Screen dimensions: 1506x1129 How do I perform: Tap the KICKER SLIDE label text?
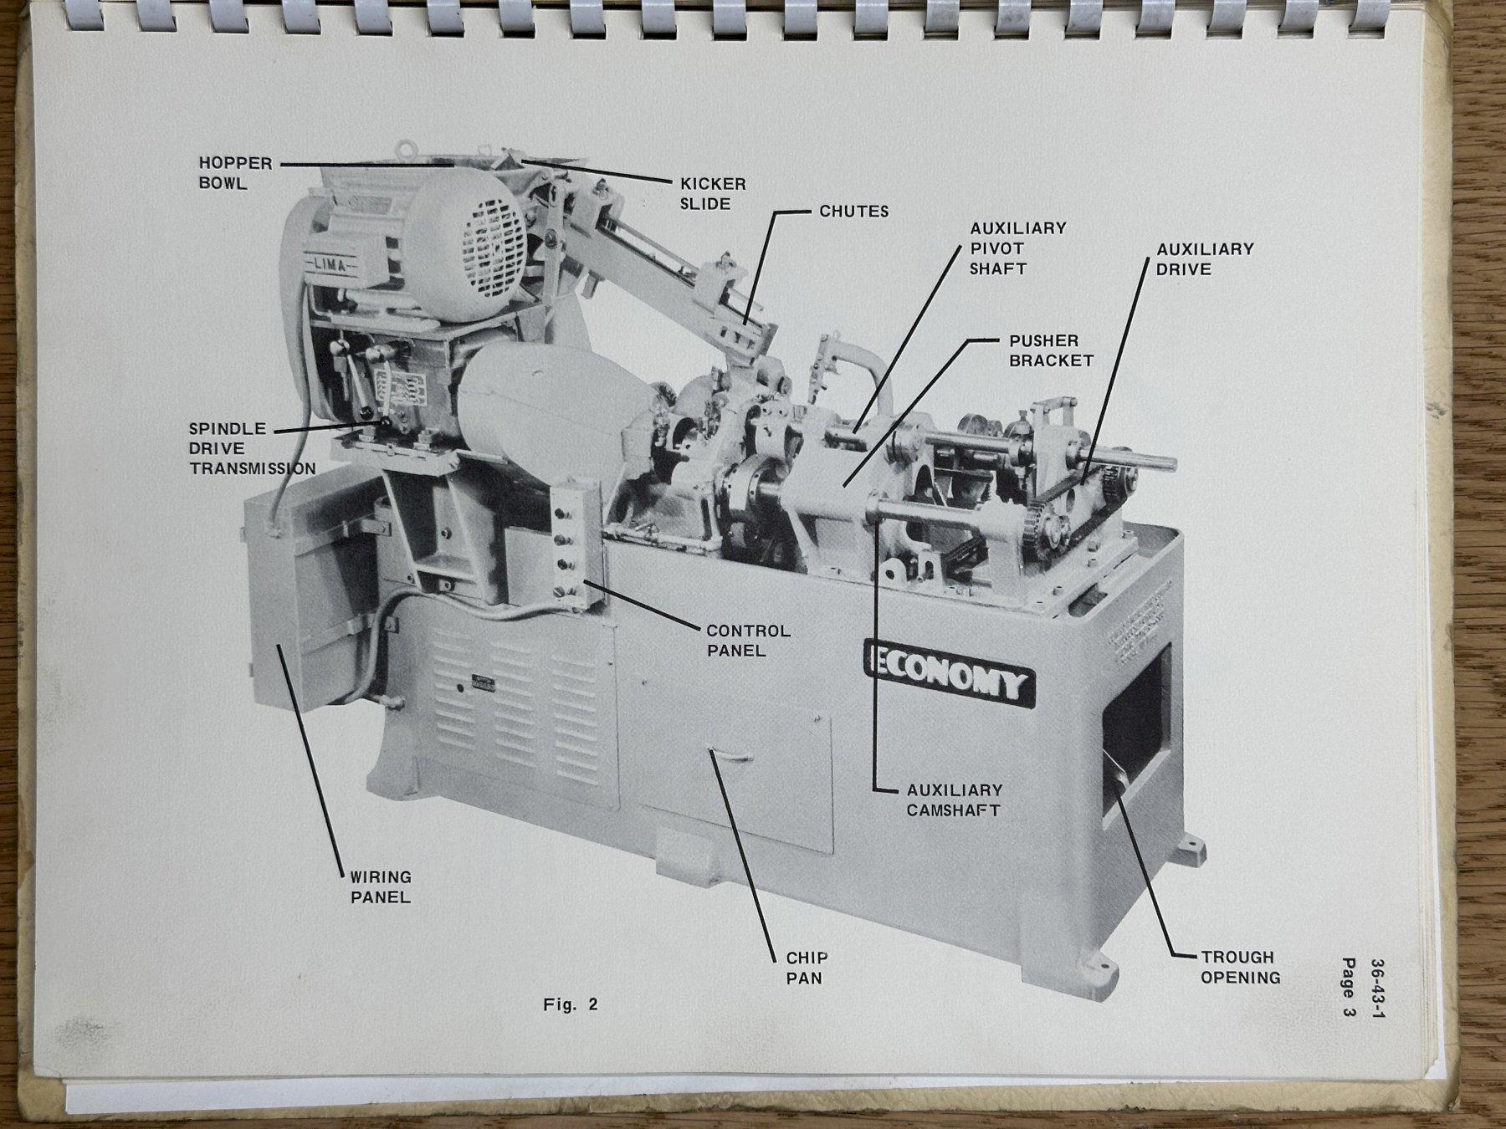point(713,194)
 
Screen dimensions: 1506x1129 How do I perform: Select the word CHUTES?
point(854,212)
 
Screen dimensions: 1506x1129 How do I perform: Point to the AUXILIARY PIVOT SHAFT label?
point(1017,248)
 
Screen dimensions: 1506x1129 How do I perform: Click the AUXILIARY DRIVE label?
point(1205,259)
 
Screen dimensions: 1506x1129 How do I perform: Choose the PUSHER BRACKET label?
point(1051,350)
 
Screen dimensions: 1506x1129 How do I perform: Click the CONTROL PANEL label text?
point(748,641)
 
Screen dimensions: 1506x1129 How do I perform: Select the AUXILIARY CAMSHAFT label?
point(954,799)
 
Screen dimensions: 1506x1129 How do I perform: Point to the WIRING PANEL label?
point(380,886)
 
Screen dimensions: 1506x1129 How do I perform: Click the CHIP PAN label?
point(807,967)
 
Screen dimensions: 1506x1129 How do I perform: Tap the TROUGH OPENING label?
point(1240,967)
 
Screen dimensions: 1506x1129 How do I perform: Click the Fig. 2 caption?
point(571,1004)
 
